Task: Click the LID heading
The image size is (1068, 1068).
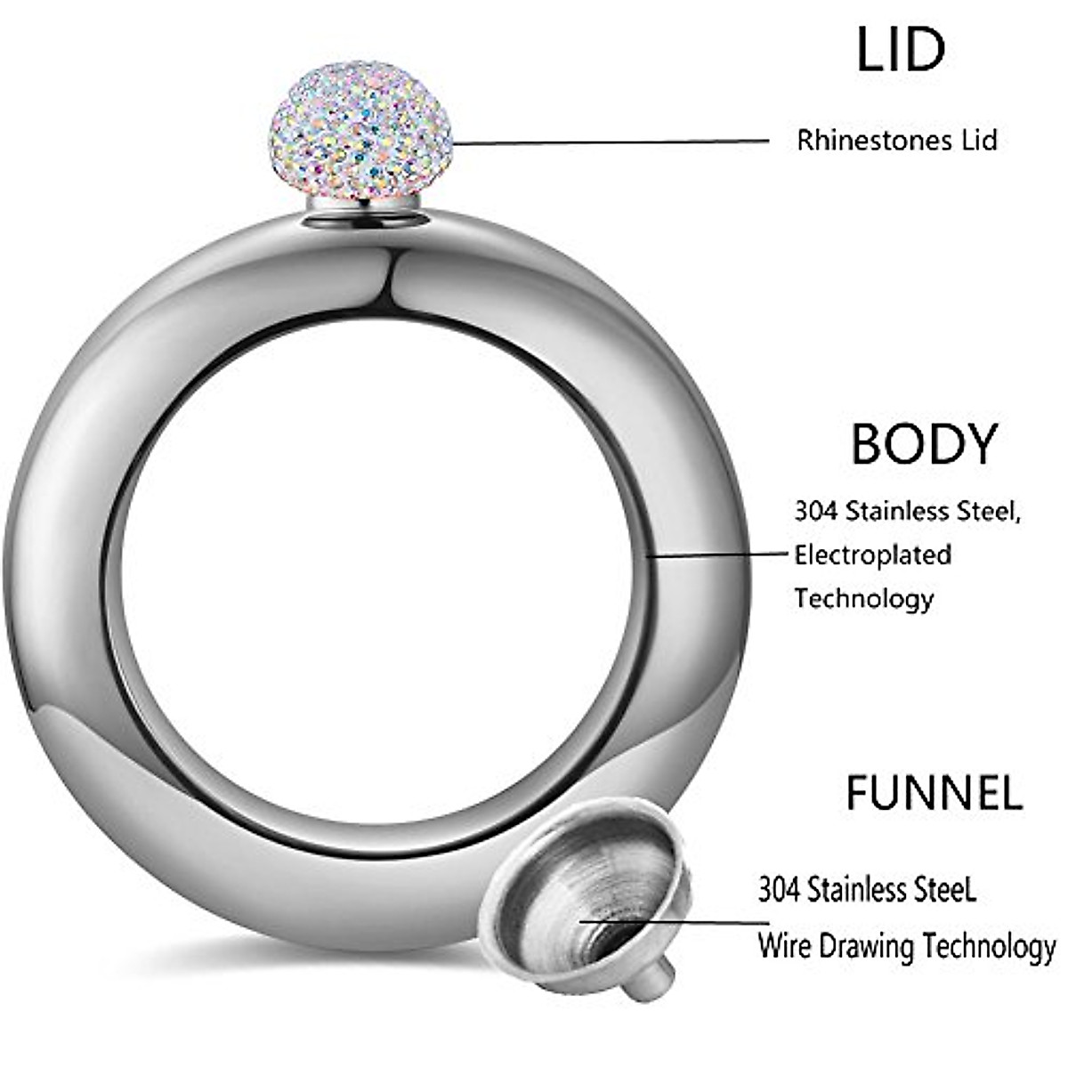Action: click(900, 50)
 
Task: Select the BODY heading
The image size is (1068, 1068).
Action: click(924, 444)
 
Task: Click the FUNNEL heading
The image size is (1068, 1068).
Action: click(934, 792)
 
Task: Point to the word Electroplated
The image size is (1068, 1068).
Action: click(873, 554)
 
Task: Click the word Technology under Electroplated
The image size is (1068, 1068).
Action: click(863, 598)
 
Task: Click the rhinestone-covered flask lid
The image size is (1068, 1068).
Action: click(360, 131)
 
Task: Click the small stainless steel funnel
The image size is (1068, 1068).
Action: click(587, 890)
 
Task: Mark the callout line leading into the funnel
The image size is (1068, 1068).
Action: click(676, 921)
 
